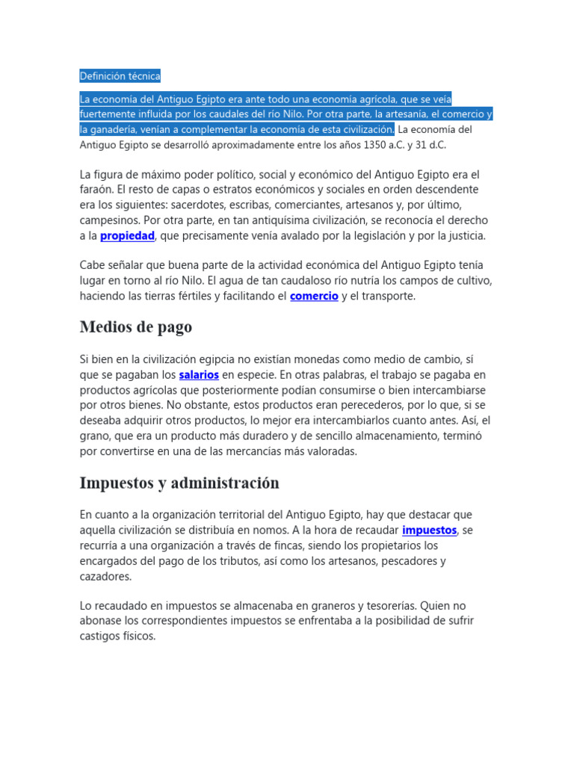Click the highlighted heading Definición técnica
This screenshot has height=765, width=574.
[120, 76]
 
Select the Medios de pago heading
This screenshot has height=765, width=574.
[135, 327]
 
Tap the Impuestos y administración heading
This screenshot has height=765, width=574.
[179, 483]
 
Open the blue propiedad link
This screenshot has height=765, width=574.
[127, 236]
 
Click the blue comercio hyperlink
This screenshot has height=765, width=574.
[314, 297]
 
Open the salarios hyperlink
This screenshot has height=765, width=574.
[199, 374]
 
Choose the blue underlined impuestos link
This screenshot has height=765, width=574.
[429, 530]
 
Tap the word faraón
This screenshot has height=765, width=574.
[98, 190]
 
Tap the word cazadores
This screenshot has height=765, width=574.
[105, 577]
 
